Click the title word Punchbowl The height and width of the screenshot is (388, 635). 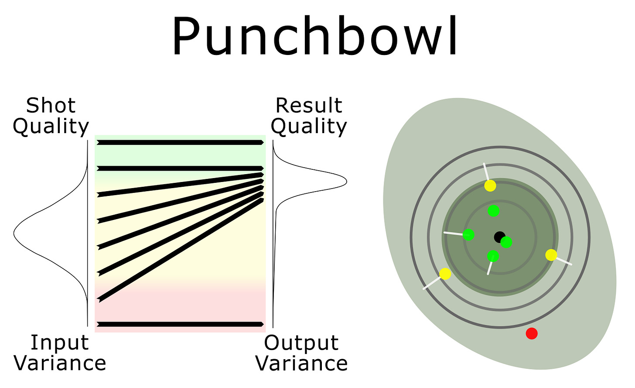click(x=315, y=35)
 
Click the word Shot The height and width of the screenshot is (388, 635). click(x=51, y=106)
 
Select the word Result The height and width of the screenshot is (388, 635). click(x=309, y=106)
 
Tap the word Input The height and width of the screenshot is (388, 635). click(x=59, y=343)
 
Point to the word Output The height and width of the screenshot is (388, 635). click(x=301, y=343)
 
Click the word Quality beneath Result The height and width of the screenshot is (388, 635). click(x=309, y=127)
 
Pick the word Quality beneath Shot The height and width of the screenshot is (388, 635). click(x=51, y=127)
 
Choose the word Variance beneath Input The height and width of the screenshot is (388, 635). click(x=60, y=363)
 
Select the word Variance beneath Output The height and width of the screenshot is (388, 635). click(x=302, y=363)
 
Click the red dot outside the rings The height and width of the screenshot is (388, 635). click(x=532, y=333)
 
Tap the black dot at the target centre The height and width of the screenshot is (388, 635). click(x=499, y=237)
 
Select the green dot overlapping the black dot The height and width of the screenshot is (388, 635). click(x=506, y=242)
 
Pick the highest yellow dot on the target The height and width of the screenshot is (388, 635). click(x=490, y=186)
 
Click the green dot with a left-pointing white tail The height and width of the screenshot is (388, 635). click(x=468, y=234)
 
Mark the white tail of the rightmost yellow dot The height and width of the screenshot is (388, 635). click(x=564, y=261)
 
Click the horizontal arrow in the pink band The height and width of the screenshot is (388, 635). click(x=180, y=324)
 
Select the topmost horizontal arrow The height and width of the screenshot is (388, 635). click(x=180, y=142)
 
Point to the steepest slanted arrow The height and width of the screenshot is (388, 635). click(x=181, y=250)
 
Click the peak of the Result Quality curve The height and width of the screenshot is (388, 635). click(x=346, y=182)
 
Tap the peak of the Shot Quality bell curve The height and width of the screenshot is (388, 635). click(x=14, y=233)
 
